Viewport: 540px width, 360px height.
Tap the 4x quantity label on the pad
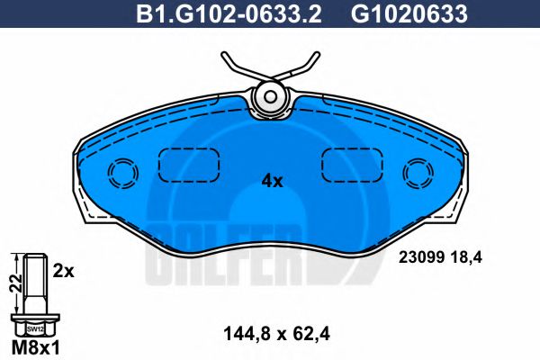[x=271, y=181]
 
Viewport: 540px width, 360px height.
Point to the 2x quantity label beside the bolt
[x=63, y=270]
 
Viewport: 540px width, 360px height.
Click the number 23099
[x=418, y=257]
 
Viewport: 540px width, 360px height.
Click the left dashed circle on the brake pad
[x=121, y=172]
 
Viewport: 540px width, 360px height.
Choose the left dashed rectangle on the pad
[x=190, y=165]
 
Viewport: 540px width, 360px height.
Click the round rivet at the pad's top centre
[x=269, y=95]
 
